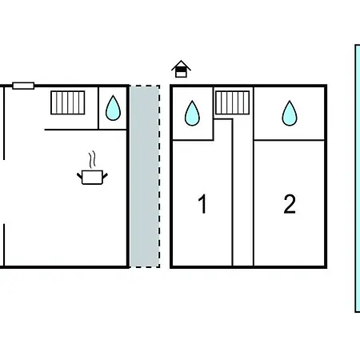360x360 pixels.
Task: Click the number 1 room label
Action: pyautogui.click(x=203, y=204)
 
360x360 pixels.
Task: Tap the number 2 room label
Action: pyautogui.click(x=290, y=204)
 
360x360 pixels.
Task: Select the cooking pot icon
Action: pyautogui.click(x=92, y=178)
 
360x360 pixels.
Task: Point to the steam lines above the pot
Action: pyautogui.click(x=92, y=159)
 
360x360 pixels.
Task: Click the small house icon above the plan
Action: pyautogui.click(x=181, y=69)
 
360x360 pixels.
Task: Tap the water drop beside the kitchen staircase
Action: pyautogui.click(x=113, y=108)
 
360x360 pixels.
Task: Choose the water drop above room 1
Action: pyautogui.click(x=192, y=113)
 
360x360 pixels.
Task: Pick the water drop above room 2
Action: pyautogui.click(x=290, y=113)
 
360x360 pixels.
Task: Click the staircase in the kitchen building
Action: pyautogui.click(x=68, y=102)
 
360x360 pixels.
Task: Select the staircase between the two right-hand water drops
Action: pyautogui.click(x=232, y=102)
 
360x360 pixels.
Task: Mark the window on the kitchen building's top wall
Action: pyautogui.click(x=23, y=86)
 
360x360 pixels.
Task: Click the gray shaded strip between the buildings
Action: pyautogui.click(x=145, y=176)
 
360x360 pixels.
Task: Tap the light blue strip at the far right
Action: pyautogui.click(x=358, y=178)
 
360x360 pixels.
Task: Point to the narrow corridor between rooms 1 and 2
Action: pyautogui.click(x=243, y=192)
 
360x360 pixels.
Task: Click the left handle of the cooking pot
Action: pyautogui.click(x=79, y=176)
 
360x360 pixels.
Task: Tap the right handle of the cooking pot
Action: pyautogui.click(x=106, y=176)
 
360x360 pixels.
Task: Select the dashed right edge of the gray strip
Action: pyautogui.click(x=159, y=176)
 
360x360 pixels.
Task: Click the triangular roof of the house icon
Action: pyautogui.click(x=181, y=65)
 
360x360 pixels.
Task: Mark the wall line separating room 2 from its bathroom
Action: pyautogui.click(x=289, y=140)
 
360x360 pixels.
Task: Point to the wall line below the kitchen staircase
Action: pyautogui.click(x=86, y=130)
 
